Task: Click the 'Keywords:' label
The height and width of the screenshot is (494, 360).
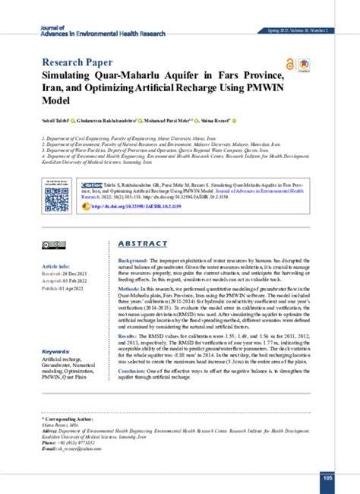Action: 57,352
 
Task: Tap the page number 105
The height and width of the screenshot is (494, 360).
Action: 327,477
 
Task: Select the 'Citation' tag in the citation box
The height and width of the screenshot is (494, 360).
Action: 93,185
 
